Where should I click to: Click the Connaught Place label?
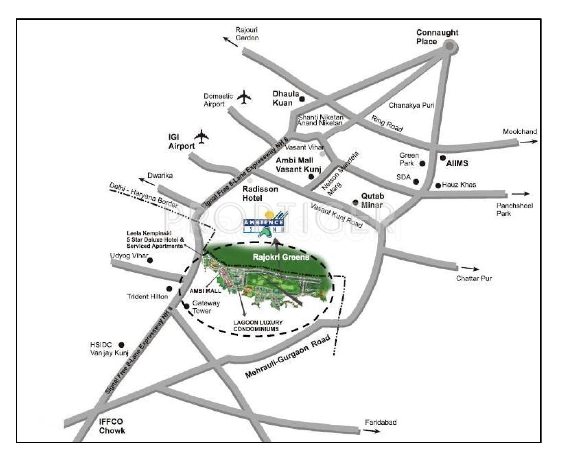point(437,37)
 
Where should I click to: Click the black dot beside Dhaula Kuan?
point(302,99)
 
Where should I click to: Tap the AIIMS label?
point(457,163)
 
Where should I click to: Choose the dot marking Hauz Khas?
point(438,185)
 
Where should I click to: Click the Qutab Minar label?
point(372,200)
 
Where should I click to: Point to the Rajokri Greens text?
point(281,257)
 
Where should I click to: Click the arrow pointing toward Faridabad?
point(372,431)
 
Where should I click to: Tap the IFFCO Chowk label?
point(112,426)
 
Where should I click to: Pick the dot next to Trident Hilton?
point(169,289)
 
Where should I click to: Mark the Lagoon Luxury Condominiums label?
point(258,326)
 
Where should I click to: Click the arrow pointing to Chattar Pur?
point(470,269)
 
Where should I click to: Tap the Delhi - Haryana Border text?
point(143,195)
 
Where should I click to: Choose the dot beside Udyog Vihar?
point(150,260)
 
